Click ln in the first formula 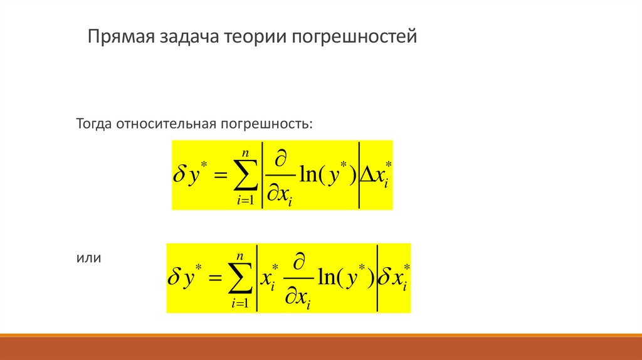pyautogui.click(x=308, y=175)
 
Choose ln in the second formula pyautogui.click(x=327, y=278)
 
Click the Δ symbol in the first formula pyautogui.click(x=367, y=175)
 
